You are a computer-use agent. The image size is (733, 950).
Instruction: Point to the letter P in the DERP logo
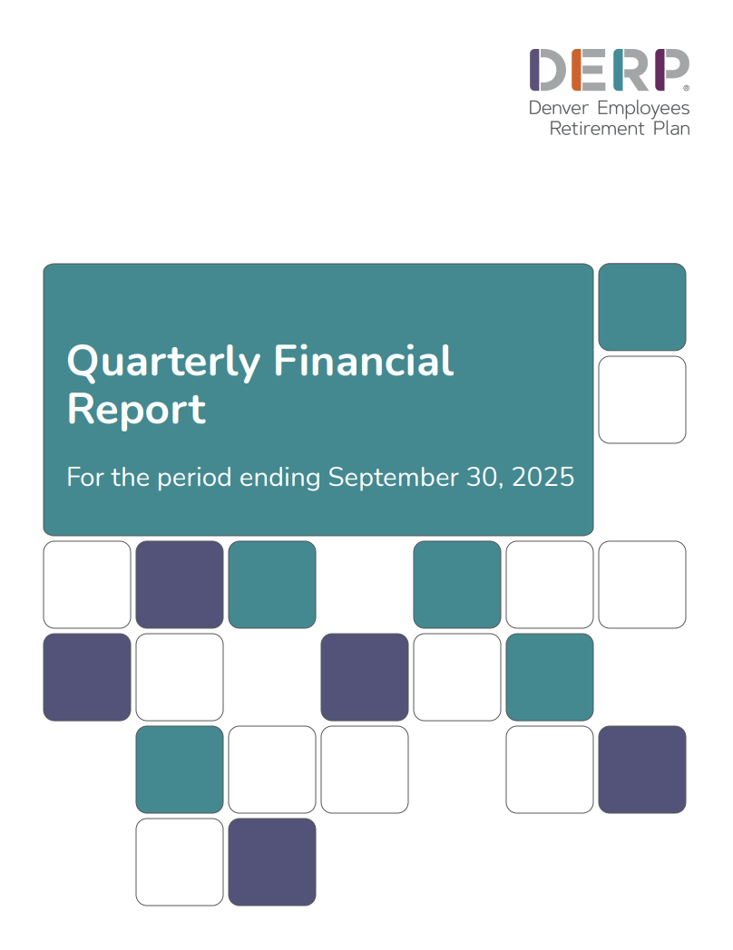point(671,70)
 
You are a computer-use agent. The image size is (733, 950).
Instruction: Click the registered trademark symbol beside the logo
point(686,89)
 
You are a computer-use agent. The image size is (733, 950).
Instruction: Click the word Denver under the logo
point(555,108)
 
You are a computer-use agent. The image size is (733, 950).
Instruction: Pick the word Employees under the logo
point(640,109)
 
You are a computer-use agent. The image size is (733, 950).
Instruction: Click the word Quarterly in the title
point(164,363)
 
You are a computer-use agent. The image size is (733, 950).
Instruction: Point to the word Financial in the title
point(364,361)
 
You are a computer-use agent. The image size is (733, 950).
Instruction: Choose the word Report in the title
point(136,409)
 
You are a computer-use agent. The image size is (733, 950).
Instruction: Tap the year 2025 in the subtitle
point(543,477)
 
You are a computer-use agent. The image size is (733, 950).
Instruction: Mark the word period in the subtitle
point(195,478)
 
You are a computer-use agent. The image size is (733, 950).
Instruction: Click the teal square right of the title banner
point(641,306)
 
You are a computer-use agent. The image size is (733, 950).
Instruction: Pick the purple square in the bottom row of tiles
point(272,861)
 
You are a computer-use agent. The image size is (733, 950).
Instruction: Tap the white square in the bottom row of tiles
point(180,861)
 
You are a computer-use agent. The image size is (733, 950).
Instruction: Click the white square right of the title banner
point(641,399)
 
